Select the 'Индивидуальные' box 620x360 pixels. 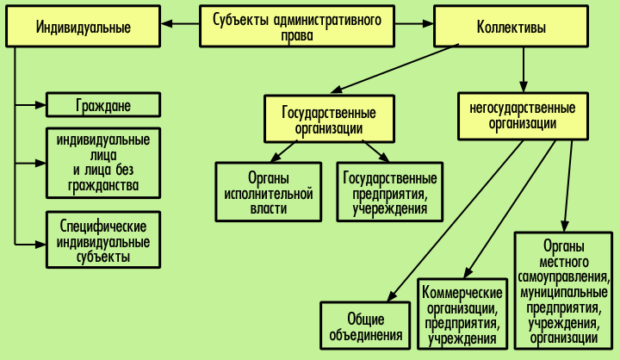pyautogui.click(x=84, y=27)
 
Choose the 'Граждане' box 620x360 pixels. pyautogui.click(x=102, y=106)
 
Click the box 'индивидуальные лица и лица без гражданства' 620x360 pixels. pyautogui.click(x=102, y=162)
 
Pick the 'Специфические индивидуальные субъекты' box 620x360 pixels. pyautogui.click(x=102, y=241)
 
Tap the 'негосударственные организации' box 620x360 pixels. pyautogui.click(x=523, y=115)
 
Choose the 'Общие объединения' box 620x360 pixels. pyautogui.click(x=363, y=325)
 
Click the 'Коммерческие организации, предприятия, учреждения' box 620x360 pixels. pyautogui.click(x=462, y=315)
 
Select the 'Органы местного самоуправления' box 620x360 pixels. pyautogui.click(x=564, y=290)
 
